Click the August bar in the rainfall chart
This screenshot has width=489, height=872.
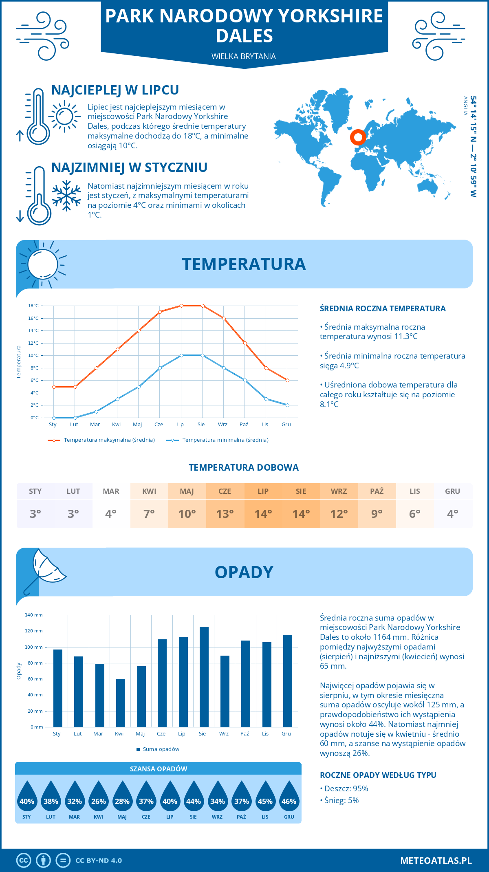204,676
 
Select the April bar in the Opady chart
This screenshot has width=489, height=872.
121,702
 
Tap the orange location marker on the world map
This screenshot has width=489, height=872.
358,137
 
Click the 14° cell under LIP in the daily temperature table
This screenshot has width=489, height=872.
263,513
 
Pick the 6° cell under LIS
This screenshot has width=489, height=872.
415,513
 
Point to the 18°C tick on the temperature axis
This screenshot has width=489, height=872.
33,306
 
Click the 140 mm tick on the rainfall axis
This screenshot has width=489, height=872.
34,615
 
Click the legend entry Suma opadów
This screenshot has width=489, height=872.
161,749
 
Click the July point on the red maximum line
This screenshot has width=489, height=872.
181,306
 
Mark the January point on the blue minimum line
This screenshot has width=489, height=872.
54,418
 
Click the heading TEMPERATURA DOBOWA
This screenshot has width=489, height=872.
244,467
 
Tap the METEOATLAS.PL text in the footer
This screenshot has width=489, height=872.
436,860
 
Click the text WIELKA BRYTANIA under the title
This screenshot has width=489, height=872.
244,56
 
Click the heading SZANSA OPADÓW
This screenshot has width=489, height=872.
159,769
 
